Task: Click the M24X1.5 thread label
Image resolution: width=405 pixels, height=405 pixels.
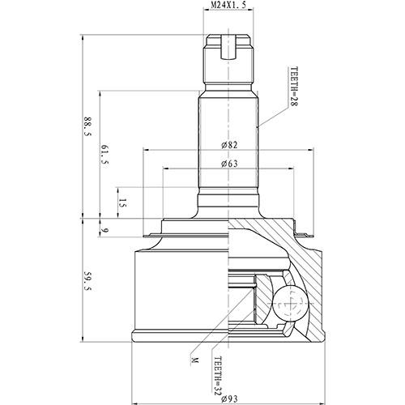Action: pyautogui.click(x=228, y=6)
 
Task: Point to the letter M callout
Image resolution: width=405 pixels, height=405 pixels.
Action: pyautogui.click(x=194, y=358)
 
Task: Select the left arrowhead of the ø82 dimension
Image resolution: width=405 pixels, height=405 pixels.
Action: pyautogui.click(x=144, y=151)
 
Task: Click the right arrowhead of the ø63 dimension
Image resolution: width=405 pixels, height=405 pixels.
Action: pyautogui.click(x=290, y=169)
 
